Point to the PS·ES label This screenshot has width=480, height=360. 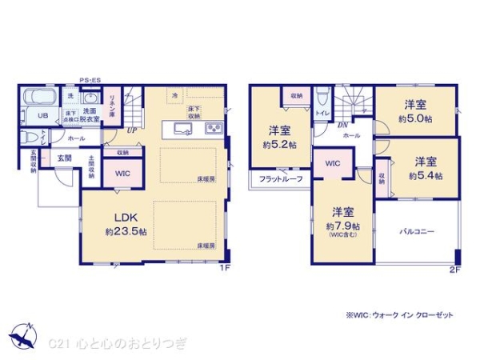89,78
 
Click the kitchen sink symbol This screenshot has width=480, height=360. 181,130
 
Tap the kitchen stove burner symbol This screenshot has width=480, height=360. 214,130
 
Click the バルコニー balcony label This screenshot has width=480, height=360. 417,230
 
